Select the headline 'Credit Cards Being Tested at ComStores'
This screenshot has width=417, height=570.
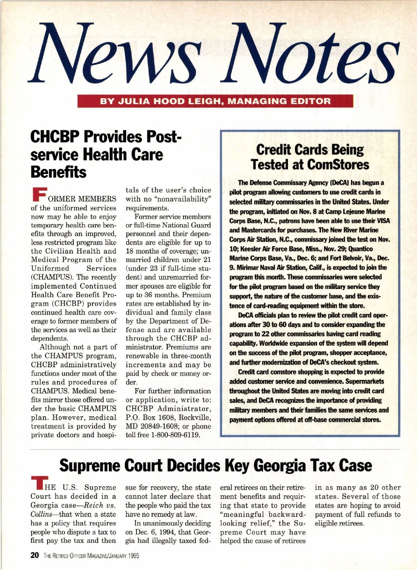[310, 157]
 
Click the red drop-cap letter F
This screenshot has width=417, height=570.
[39, 195]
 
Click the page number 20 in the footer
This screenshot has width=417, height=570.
[35, 555]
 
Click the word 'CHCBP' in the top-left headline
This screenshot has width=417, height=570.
[55, 137]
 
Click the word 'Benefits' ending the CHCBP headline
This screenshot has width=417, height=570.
[58, 172]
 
